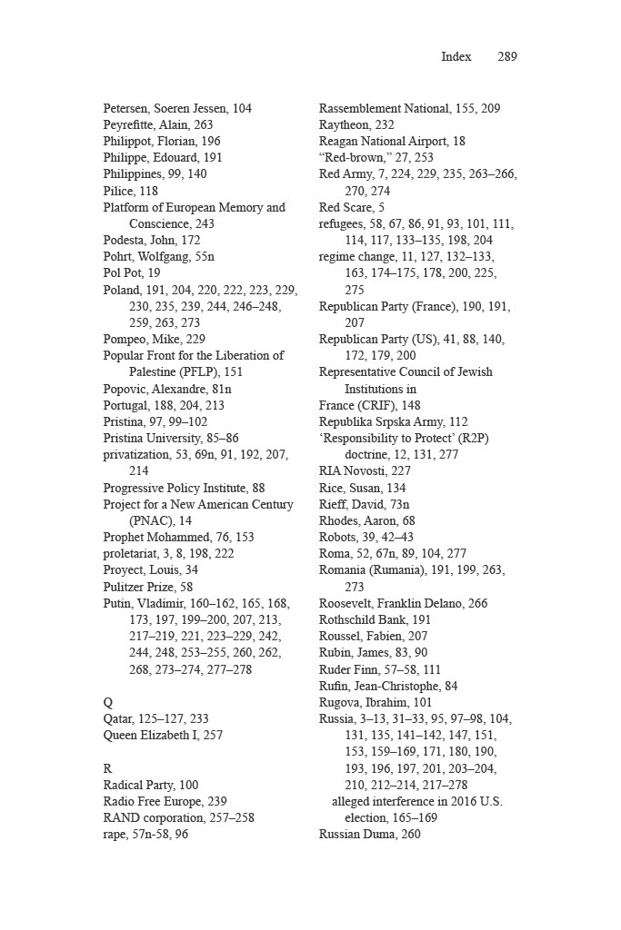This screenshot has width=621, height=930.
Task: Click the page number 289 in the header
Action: click(507, 56)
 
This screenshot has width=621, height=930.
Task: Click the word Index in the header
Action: click(456, 56)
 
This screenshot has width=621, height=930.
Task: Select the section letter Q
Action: click(108, 702)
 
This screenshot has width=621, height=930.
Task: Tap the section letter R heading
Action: click(107, 768)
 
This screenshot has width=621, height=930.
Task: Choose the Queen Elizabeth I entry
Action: click(163, 735)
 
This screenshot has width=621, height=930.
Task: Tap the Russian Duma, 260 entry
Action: click(369, 834)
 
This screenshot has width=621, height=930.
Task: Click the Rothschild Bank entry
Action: click(375, 619)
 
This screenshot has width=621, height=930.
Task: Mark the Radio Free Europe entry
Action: click(165, 801)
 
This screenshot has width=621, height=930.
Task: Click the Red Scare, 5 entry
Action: click(352, 207)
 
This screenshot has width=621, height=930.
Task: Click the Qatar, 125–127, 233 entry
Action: click(155, 718)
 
